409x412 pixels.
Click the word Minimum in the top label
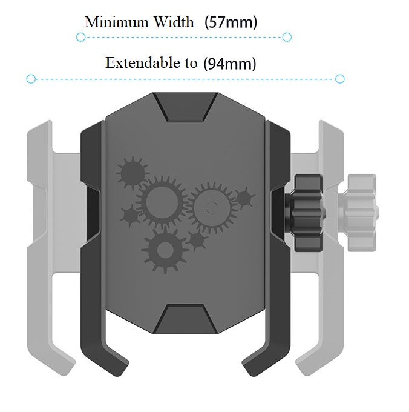click(x=117, y=22)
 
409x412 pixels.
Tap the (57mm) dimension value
click(x=231, y=22)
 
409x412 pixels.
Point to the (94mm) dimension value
click(x=230, y=64)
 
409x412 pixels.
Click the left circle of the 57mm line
click(x=81, y=38)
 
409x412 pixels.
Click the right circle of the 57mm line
click(x=287, y=37)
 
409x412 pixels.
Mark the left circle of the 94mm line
click(x=31, y=79)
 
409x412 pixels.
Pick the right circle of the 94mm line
click(x=340, y=79)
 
